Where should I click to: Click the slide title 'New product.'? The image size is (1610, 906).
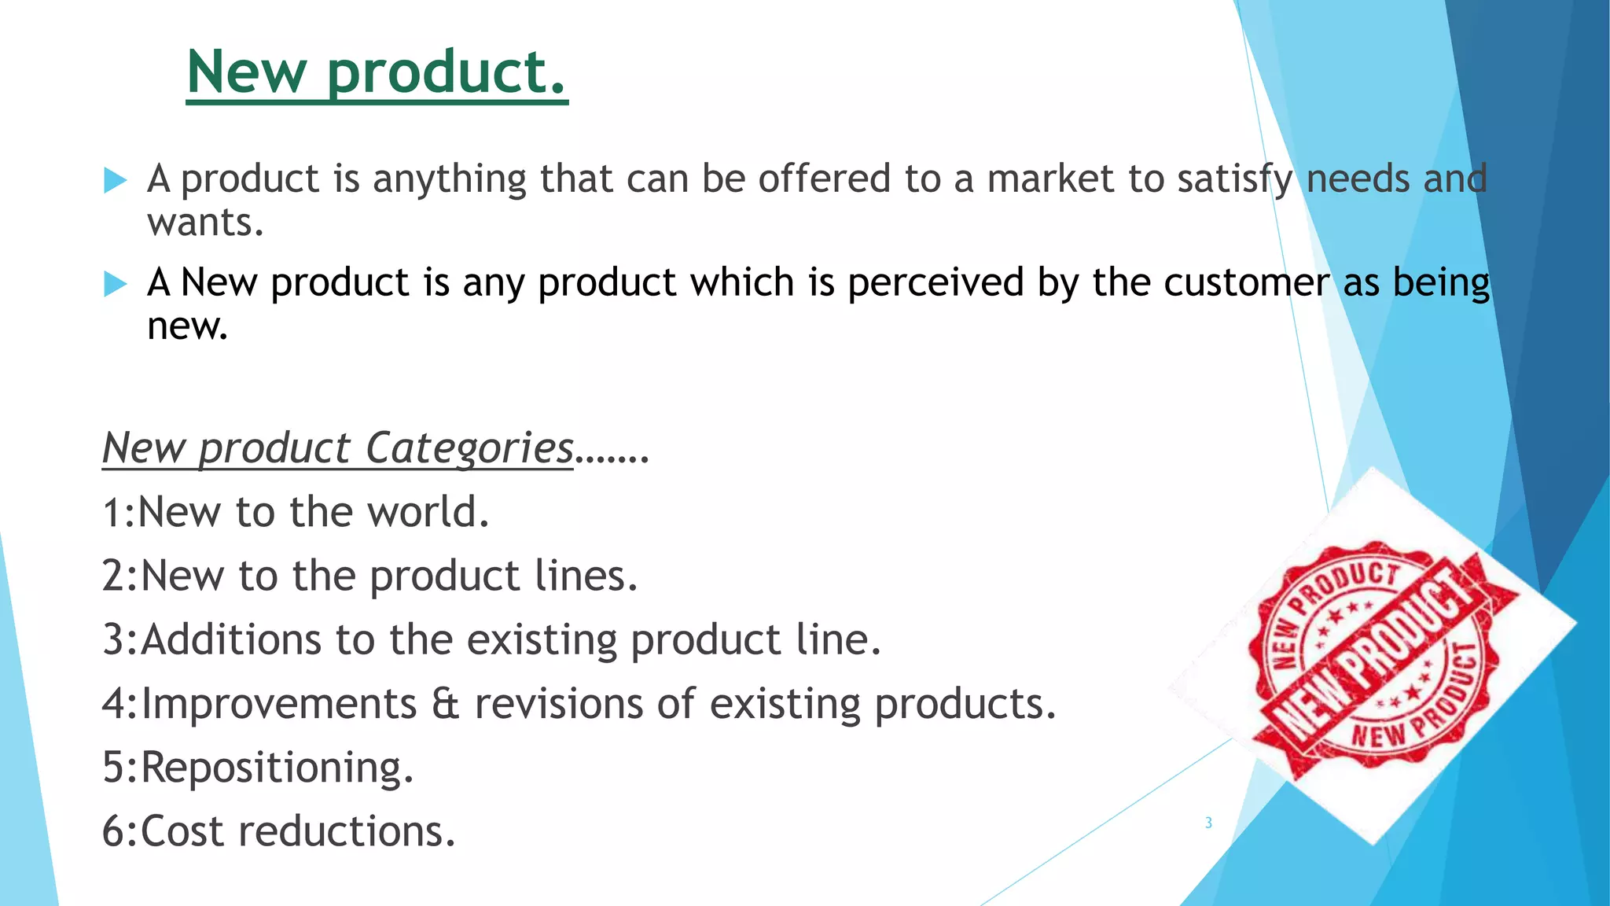(377, 72)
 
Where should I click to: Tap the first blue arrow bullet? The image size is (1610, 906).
(115, 180)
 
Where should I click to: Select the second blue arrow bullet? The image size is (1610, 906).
(115, 283)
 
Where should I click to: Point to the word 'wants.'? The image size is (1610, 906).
(205, 223)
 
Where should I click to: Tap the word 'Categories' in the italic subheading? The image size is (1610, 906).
(469, 448)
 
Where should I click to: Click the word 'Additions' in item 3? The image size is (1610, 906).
(231, 639)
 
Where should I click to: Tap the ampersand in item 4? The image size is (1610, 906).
(445, 704)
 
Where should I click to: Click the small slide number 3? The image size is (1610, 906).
(1208, 823)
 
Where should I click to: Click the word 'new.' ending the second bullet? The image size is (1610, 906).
(187, 327)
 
